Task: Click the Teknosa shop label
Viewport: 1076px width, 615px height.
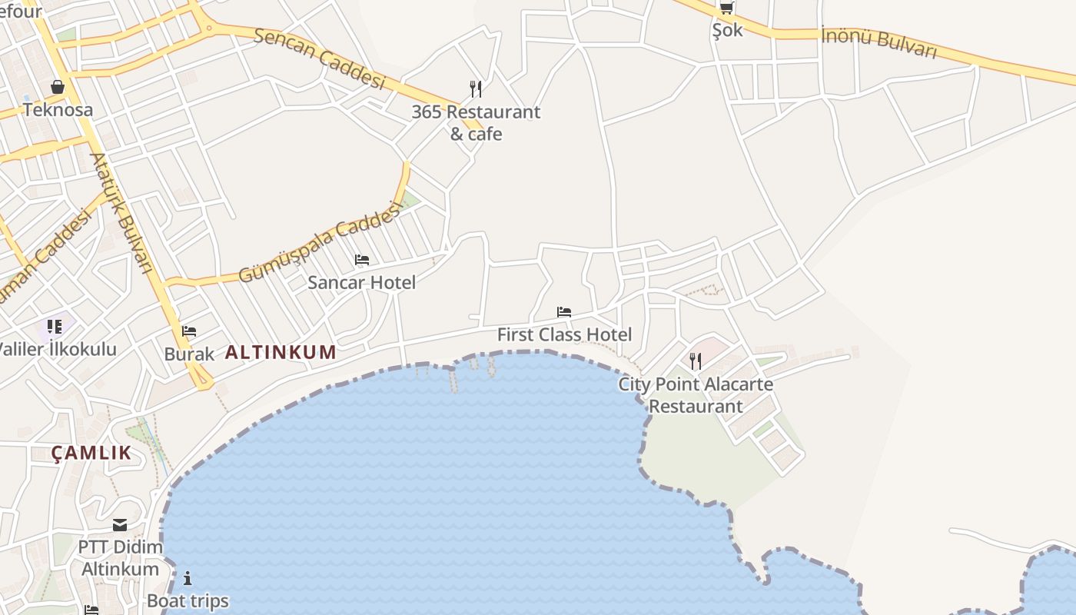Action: pyautogui.click(x=58, y=109)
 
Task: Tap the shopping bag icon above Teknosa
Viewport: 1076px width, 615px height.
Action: pyautogui.click(x=58, y=87)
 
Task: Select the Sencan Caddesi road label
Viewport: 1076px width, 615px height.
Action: pyautogui.click(x=319, y=58)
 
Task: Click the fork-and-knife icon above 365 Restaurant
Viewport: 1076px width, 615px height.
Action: pyautogui.click(x=476, y=89)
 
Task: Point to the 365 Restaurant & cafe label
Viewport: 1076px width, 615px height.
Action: pyautogui.click(x=476, y=123)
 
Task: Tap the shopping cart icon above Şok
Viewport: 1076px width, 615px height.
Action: pyautogui.click(x=726, y=8)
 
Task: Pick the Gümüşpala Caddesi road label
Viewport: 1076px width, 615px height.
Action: pyautogui.click(x=320, y=242)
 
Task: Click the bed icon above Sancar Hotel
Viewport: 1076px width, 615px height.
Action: pyautogui.click(x=362, y=260)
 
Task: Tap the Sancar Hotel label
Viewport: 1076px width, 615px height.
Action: pyautogui.click(x=362, y=282)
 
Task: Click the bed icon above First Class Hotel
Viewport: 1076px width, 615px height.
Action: pyautogui.click(x=564, y=312)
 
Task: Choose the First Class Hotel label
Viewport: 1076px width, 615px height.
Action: pyautogui.click(x=564, y=334)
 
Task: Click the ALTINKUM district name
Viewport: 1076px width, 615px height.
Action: pyautogui.click(x=281, y=353)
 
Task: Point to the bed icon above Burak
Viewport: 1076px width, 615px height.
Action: pyautogui.click(x=189, y=332)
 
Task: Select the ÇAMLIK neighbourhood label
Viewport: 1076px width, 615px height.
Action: pyautogui.click(x=91, y=453)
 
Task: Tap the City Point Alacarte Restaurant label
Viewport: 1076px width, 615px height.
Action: pyautogui.click(x=696, y=395)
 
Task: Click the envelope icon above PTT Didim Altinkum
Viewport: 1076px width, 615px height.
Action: pyautogui.click(x=120, y=525)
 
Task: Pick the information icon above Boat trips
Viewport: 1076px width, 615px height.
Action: pyautogui.click(x=188, y=578)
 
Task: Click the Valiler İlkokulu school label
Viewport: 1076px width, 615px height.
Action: pyautogui.click(x=58, y=349)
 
